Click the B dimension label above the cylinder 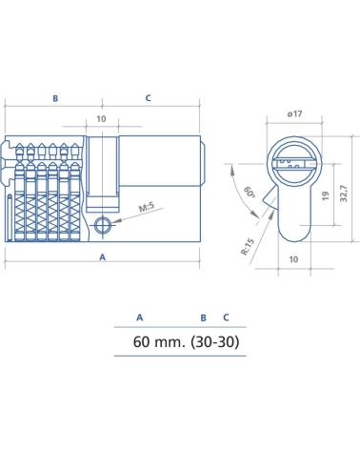coord(55,98)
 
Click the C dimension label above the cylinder coord(148,98)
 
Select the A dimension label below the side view coord(102,257)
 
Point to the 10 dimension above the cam coord(101,119)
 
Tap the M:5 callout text coord(147,207)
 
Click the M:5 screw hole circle coord(103,225)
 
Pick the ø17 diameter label coord(294,113)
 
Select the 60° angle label coord(250,193)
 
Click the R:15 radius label coord(248,247)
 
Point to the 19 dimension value coord(326,195)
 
